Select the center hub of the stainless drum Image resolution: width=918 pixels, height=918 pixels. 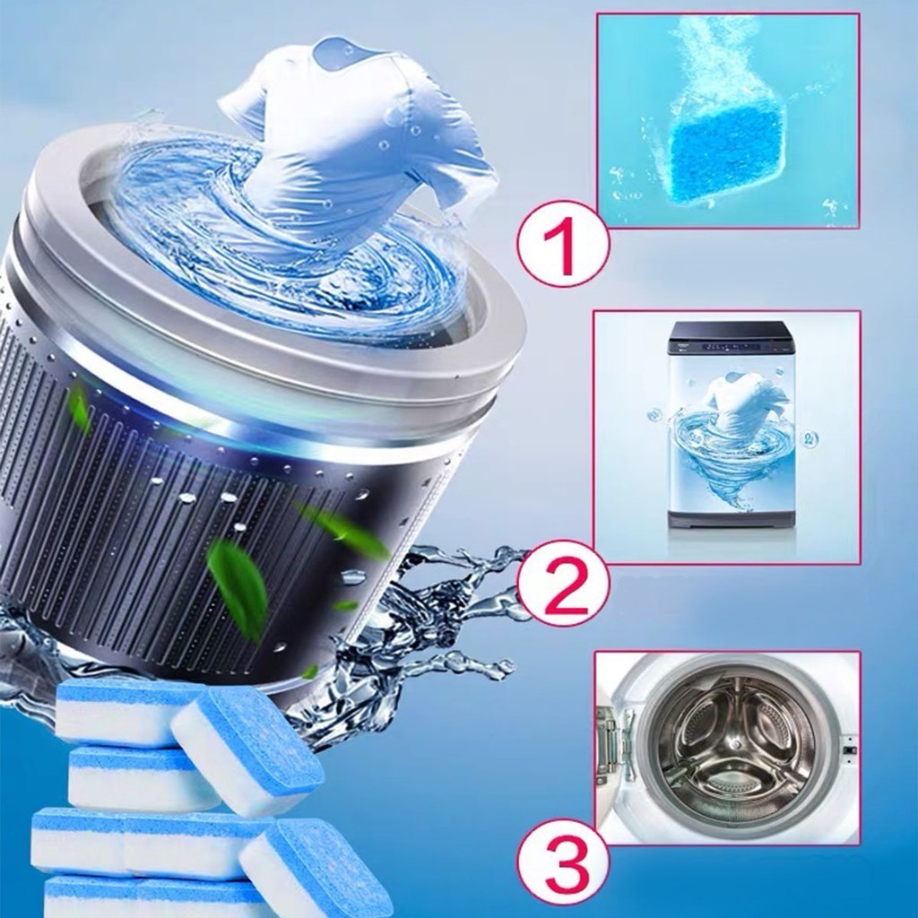pos(733,745)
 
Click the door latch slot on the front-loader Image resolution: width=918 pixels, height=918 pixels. pos(848,749)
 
